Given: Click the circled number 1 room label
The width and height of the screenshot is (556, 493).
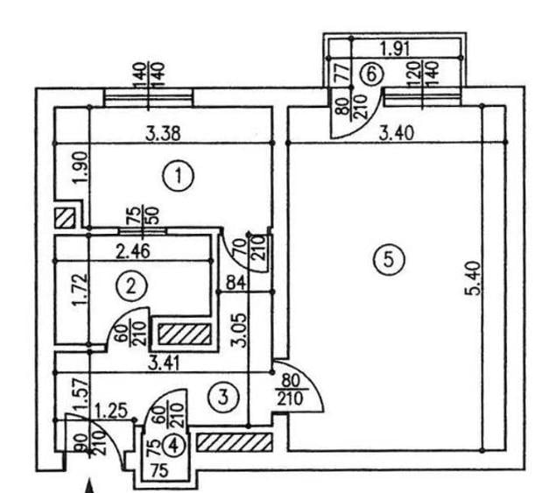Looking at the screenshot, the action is pyautogui.click(x=179, y=176).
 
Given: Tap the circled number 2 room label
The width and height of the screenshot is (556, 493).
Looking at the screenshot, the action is pyautogui.click(x=131, y=285).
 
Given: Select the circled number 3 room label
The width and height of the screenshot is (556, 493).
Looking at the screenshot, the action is pyautogui.click(x=222, y=398).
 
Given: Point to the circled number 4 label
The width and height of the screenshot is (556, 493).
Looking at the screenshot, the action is pyautogui.click(x=174, y=447).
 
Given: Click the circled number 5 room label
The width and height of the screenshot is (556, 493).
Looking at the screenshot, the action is pyautogui.click(x=389, y=260).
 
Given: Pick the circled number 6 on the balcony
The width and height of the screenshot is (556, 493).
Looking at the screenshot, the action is pyautogui.click(x=371, y=74).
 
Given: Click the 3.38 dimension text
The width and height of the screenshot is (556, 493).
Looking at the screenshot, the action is pyautogui.click(x=163, y=134).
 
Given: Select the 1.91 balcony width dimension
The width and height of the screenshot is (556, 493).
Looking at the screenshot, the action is pyautogui.click(x=395, y=48).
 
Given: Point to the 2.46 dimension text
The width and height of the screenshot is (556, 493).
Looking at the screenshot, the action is pyautogui.click(x=133, y=252).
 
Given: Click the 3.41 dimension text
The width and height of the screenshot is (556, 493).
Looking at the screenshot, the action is pyautogui.click(x=165, y=363).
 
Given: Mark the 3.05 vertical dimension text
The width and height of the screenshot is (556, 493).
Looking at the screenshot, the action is pyautogui.click(x=237, y=330).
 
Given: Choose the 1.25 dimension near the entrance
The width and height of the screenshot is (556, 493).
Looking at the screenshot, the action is pyautogui.click(x=111, y=412).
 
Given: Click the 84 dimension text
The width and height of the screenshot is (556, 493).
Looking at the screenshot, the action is pyautogui.click(x=235, y=283).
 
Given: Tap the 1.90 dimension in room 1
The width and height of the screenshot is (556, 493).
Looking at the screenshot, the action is pyautogui.click(x=81, y=167).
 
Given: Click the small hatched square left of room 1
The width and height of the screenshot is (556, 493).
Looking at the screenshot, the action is pyautogui.click(x=66, y=218).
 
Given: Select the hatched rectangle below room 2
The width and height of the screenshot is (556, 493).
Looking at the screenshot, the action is pyautogui.click(x=185, y=335).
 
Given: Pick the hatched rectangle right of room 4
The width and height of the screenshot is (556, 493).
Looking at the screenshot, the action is pyautogui.click(x=235, y=442).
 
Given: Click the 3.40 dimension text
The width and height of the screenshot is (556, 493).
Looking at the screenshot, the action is pyautogui.click(x=397, y=134).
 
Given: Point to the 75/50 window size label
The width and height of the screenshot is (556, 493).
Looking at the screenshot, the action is pyautogui.click(x=143, y=215).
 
